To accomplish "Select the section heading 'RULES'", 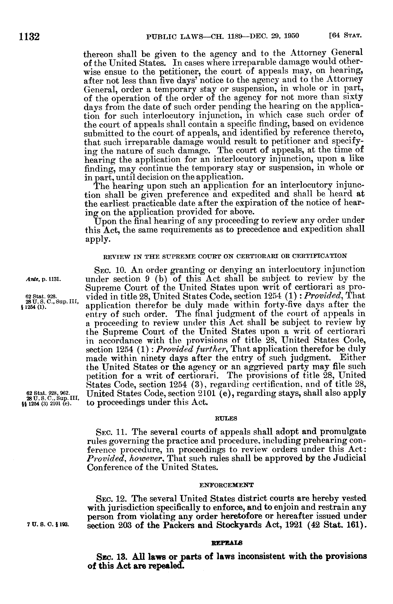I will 226,419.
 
